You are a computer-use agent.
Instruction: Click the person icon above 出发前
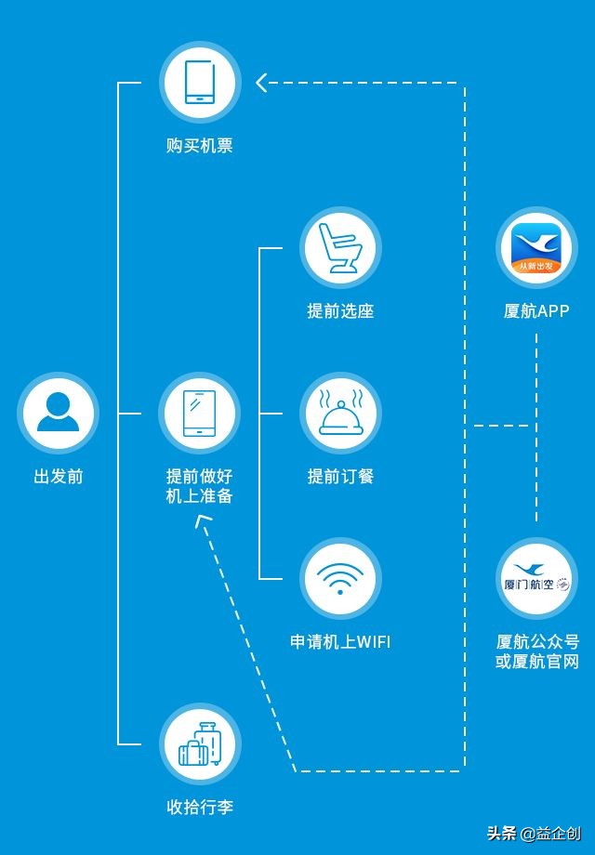coord(58,413)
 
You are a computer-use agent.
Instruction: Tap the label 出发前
coord(58,477)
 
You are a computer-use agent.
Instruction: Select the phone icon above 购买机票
coord(200,82)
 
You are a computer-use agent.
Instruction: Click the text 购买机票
coord(200,146)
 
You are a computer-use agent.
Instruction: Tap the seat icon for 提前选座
coord(340,247)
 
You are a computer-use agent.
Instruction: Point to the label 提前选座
coord(340,311)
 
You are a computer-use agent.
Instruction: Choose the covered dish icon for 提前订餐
coord(340,413)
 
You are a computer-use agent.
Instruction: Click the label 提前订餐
coord(340,477)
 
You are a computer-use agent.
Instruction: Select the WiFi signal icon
coord(340,578)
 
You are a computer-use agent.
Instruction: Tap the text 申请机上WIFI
coord(340,642)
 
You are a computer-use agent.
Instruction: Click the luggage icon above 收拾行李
coord(200,743)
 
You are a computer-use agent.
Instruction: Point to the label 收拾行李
coord(200,808)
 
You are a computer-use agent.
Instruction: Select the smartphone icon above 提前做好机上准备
coord(200,413)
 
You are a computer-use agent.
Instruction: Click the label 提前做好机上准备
coord(200,486)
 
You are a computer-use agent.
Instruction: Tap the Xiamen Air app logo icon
coord(536,248)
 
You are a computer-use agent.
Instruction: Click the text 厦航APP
coord(536,311)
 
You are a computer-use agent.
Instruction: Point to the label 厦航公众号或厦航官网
coord(537,651)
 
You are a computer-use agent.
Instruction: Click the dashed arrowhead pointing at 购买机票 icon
coord(262,83)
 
